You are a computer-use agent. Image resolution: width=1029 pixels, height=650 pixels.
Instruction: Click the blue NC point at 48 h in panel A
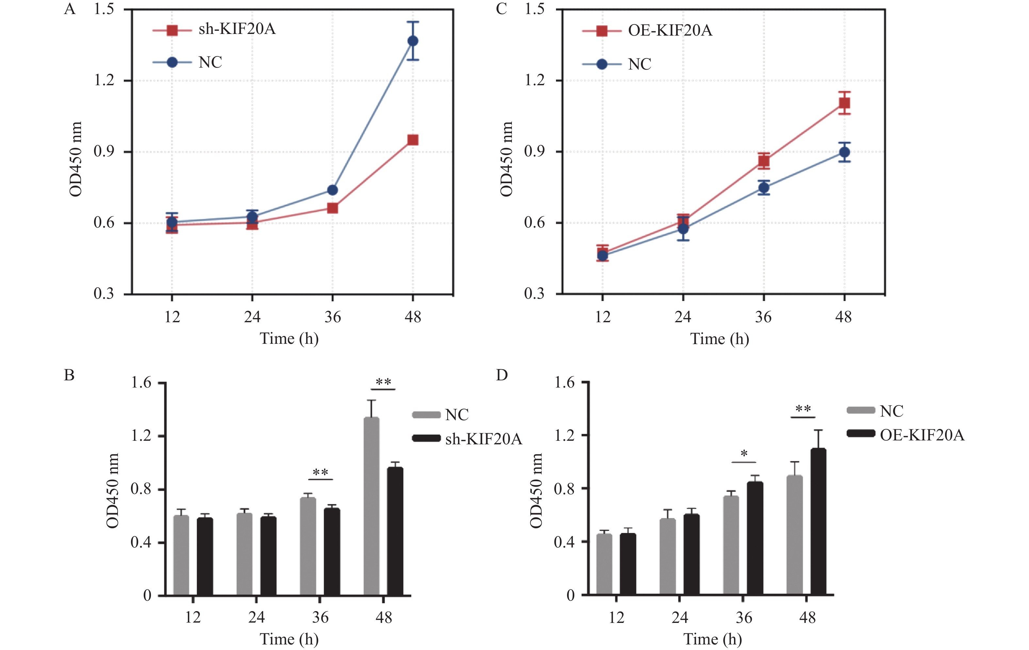coord(413,41)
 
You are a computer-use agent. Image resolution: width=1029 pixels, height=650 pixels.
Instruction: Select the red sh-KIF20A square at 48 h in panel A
coord(413,140)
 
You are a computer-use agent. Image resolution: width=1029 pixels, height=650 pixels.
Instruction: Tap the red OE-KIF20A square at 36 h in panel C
coord(764,161)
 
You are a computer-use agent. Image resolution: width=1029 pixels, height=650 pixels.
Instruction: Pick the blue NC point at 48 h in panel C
coord(844,152)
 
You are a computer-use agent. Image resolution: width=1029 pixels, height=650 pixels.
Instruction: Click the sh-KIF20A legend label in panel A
coord(237,29)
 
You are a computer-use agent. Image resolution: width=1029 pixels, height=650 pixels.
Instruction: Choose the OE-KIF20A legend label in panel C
coord(670,31)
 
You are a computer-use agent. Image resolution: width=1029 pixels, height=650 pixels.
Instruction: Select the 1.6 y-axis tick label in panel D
coord(564,383)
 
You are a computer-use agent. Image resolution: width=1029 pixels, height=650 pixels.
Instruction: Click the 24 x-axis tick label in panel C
coord(683,317)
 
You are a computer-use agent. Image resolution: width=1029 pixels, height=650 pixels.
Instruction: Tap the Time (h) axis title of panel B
coord(289,639)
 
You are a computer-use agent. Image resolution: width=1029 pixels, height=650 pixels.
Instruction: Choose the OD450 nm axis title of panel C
coord(506,159)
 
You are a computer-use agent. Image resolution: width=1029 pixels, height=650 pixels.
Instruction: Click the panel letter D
coord(502,375)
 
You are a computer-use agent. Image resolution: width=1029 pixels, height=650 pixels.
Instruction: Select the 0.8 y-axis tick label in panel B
coord(141,489)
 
